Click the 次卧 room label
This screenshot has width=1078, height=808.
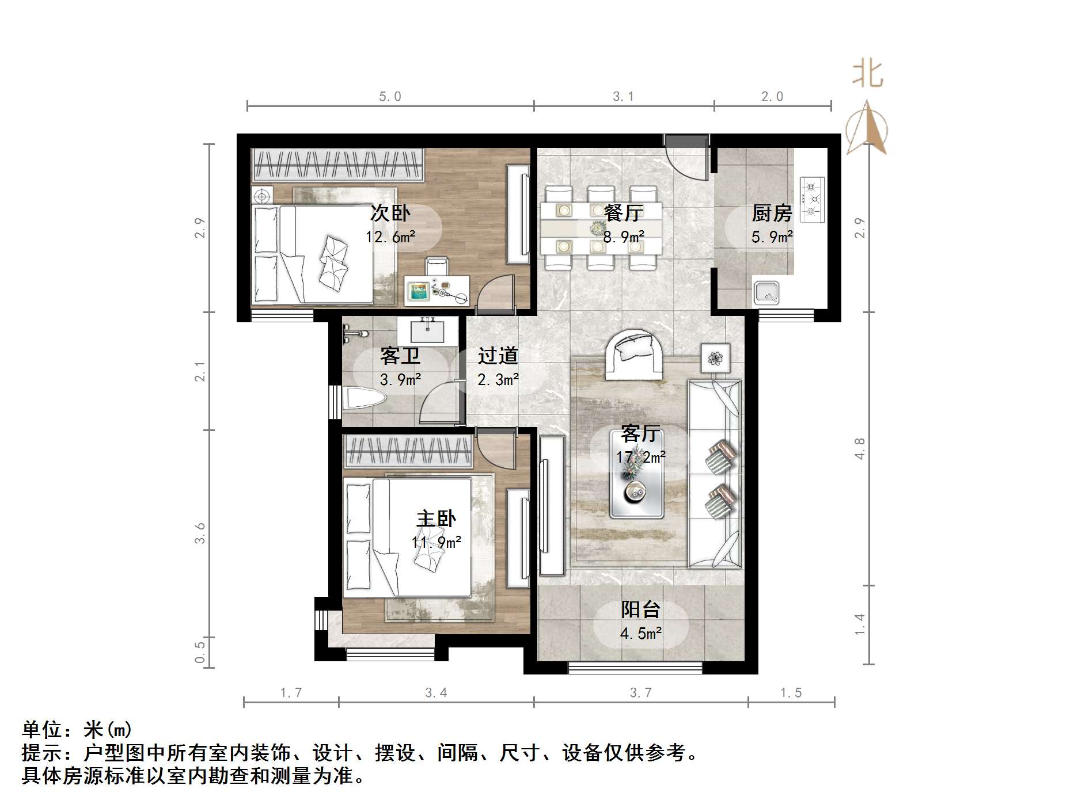point(390,214)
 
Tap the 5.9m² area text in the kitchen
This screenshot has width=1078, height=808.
point(772,237)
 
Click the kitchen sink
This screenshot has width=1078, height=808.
point(766,293)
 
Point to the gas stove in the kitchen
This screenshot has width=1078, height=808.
point(812,200)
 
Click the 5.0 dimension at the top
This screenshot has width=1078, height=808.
point(390,97)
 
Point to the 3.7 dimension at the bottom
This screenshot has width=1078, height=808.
point(640,693)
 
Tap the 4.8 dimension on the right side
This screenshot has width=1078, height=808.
point(860,449)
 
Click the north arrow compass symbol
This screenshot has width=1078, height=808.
point(867,129)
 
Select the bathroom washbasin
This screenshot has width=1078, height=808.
point(427,330)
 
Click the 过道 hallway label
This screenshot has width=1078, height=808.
point(498,356)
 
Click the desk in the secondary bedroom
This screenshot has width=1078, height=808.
point(437,290)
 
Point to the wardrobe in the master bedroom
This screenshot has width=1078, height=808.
point(408,452)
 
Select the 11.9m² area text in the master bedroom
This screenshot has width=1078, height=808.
point(436,542)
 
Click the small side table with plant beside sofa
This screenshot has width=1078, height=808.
point(715,359)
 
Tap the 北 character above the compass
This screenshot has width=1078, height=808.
point(868,75)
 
